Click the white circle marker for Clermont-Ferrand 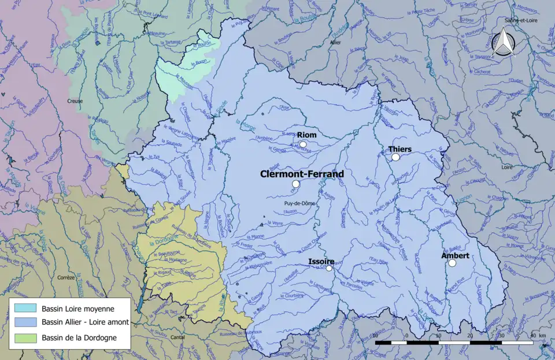point(295,184)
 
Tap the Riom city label point(306,135)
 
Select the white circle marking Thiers point(395,157)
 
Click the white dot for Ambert point(452,263)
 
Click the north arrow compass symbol point(502,44)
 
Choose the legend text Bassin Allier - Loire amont point(85,322)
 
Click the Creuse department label point(75,101)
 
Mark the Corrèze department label point(66,277)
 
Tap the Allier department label point(335,43)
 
